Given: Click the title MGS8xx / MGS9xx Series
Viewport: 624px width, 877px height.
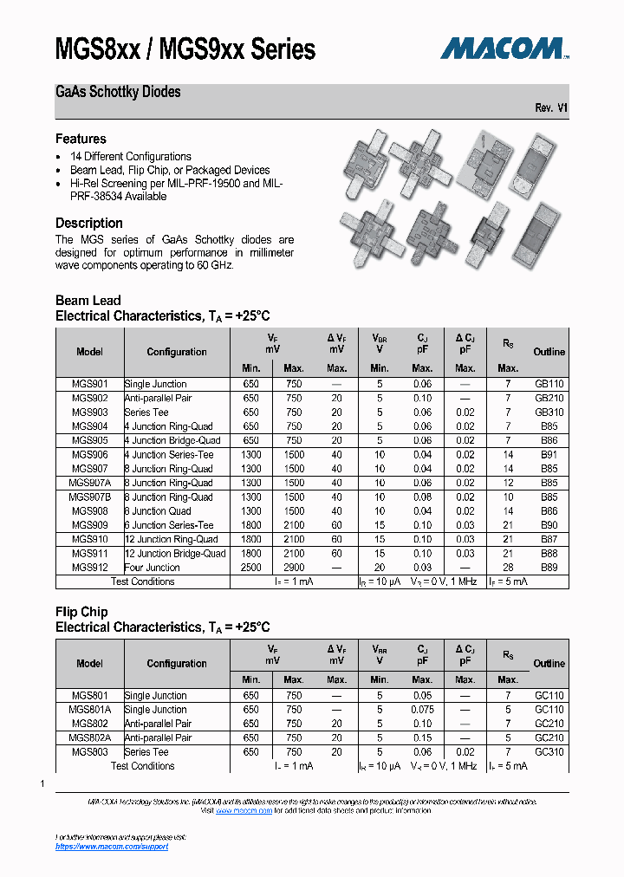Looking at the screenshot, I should point(185,49).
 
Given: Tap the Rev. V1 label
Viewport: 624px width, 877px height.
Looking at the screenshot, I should point(551,108).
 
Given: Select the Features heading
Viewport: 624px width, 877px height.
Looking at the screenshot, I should point(81,139).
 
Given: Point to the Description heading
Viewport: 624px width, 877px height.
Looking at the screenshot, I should point(89,223).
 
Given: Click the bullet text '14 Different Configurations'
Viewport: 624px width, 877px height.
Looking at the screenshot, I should point(131,157).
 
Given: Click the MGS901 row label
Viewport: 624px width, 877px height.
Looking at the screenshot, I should point(89,384).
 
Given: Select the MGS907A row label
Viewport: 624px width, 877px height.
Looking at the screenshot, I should point(89,483).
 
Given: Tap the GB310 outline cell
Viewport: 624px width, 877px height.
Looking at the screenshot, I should point(549,413).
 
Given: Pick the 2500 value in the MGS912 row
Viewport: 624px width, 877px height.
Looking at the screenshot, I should point(250,568).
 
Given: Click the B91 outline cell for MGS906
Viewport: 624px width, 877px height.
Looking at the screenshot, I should point(549,455).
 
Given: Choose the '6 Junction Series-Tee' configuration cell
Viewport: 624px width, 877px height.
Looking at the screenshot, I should point(169,525).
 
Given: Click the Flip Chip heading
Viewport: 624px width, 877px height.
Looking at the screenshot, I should point(81,612).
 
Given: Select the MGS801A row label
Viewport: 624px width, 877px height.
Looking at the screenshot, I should point(89,709).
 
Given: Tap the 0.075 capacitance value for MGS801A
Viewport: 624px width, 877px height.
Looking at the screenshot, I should point(422,709).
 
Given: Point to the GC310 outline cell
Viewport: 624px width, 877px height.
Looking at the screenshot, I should point(549,752).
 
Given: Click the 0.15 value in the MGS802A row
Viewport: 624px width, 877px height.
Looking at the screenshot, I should point(422,737).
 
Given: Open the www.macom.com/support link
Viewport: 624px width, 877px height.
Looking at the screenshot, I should point(112,847).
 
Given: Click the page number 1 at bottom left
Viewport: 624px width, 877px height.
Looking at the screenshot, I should point(42,783).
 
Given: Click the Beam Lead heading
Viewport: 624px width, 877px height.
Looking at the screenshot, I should point(88,301).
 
